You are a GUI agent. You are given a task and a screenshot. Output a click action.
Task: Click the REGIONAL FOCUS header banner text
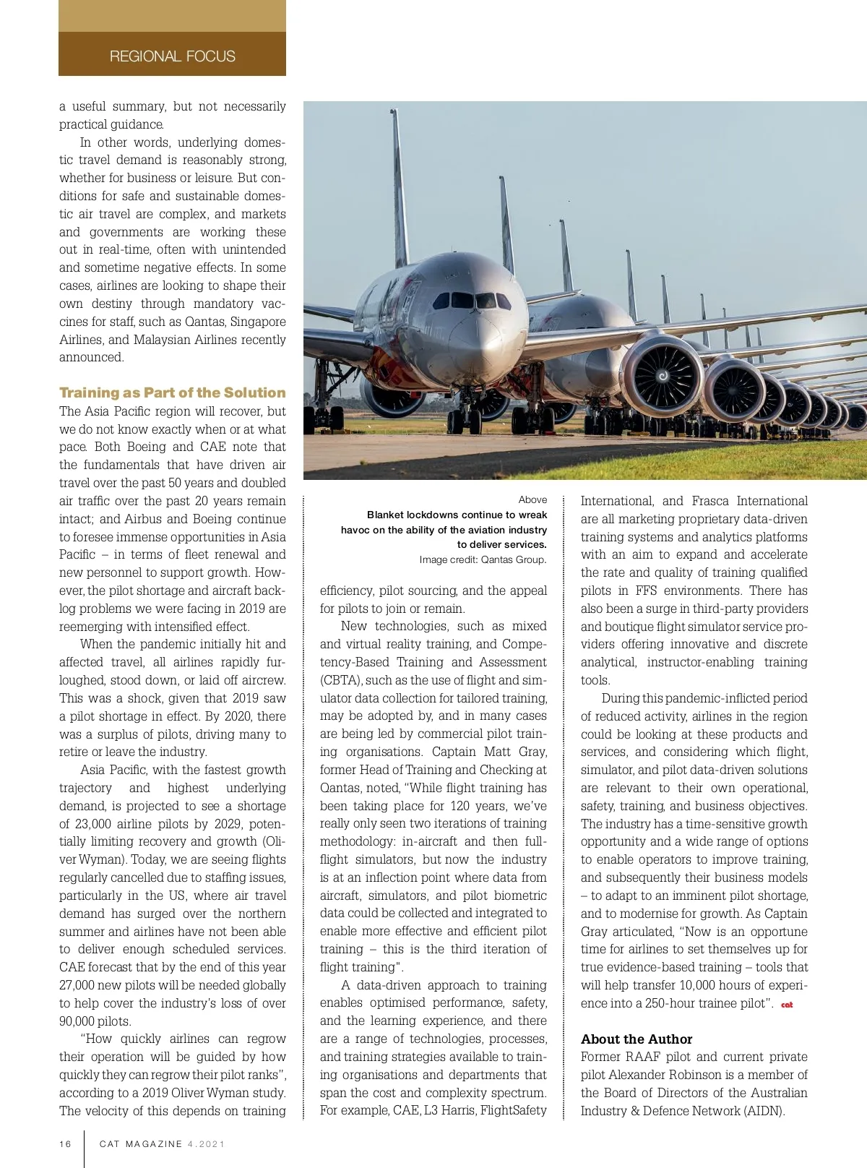pos(172,56)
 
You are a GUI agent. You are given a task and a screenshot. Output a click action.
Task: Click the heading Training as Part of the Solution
pos(172,392)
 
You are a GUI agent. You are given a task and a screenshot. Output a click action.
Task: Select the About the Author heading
pos(636,1039)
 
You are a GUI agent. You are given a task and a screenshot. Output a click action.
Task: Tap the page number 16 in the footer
pos(66,1143)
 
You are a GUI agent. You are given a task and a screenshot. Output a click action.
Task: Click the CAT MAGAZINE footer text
pos(141,1143)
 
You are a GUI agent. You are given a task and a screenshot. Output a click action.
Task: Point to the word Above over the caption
pos(532,499)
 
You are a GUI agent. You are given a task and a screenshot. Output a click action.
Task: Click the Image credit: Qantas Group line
pos(483,559)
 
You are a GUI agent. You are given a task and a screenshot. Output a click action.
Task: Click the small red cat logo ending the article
pos(787,1005)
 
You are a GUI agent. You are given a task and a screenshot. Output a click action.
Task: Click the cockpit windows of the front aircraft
pos(473,300)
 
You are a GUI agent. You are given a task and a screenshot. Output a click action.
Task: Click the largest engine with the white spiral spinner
pos(662,376)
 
